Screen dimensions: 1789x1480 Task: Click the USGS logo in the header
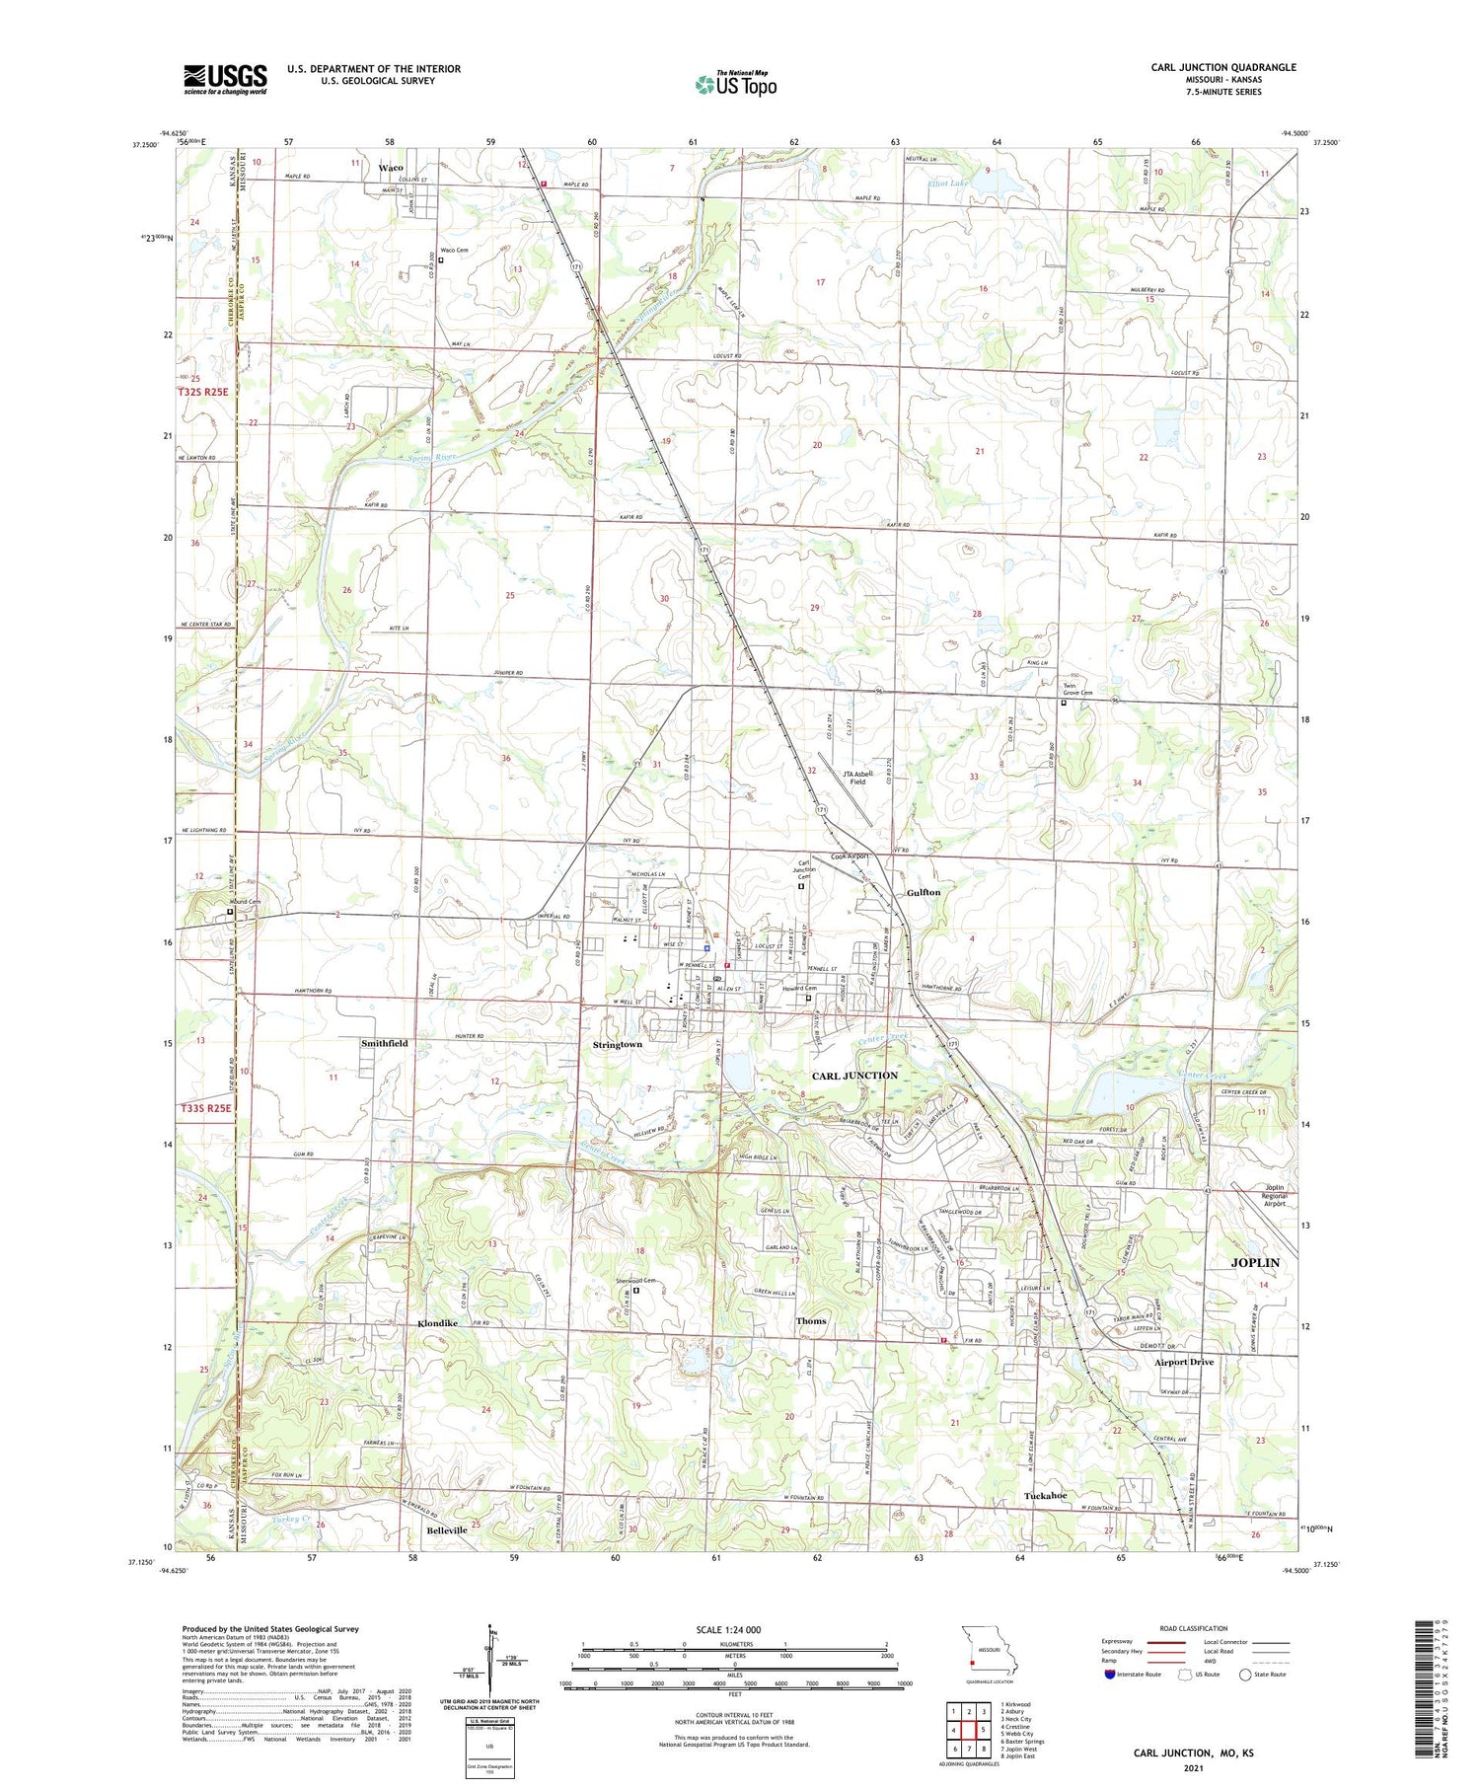225,79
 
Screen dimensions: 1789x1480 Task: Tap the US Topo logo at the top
735,85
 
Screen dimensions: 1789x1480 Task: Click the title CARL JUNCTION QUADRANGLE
1222,67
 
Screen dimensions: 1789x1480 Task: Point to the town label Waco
391,168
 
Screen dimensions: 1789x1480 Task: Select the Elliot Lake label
949,184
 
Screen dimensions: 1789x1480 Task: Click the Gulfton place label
924,892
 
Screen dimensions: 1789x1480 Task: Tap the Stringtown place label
618,1044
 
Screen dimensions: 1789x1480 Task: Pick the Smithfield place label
384,1043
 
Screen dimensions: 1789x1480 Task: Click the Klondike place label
437,1323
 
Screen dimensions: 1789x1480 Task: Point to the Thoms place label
811,1320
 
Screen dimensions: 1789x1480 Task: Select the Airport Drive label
1184,1362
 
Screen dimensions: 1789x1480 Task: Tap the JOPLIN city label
1254,1263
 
